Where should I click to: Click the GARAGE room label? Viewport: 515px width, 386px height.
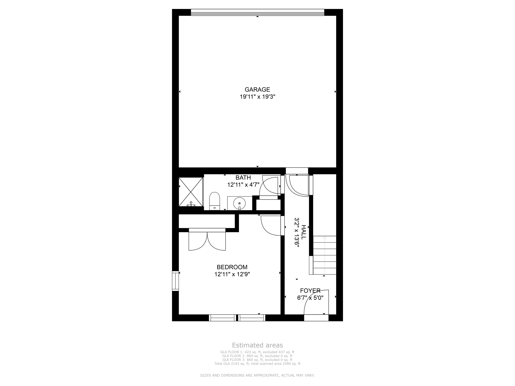(x=257, y=89)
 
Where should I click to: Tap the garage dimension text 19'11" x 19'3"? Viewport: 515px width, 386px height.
(x=257, y=97)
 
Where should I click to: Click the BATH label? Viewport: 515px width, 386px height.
(x=243, y=178)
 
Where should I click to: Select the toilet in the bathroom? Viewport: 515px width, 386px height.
(x=214, y=201)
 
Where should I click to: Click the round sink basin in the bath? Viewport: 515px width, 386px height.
(x=239, y=203)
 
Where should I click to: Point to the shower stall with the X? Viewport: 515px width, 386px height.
(x=191, y=192)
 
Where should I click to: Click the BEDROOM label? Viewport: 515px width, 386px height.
(x=232, y=267)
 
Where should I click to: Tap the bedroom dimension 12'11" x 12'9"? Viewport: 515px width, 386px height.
(x=232, y=274)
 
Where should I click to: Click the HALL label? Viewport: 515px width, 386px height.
(x=304, y=232)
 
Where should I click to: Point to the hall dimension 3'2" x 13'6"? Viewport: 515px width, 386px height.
(x=297, y=232)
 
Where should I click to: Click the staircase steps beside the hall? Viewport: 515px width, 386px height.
(x=324, y=255)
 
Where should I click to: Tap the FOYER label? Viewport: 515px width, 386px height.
(x=310, y=291)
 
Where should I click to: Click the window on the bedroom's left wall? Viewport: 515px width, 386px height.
(x=175, y=281)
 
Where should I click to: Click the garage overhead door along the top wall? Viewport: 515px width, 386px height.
(x=257, y=12)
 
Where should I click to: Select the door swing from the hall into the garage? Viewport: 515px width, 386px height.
(x=299, y=185)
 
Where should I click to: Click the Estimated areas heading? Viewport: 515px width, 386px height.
(x=257, y=345)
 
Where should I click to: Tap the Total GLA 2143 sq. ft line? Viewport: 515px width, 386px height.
(x=257, y=364)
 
